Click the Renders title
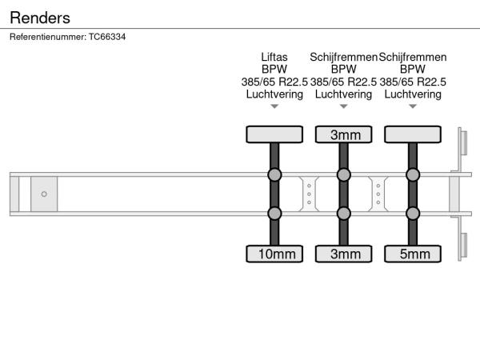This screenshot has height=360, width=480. [x=40, y=18]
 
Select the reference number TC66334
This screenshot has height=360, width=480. [x=107, y=37]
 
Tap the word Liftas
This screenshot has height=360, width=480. [x=274, y=57]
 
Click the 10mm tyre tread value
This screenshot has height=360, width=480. [x=277, y=254]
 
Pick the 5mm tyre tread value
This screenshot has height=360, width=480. [x=414, y=254]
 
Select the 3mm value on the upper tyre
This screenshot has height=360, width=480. [x=346, y=135]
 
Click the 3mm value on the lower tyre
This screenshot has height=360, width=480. [x=346, y=254]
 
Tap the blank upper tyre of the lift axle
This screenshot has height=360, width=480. [x=274, y=134]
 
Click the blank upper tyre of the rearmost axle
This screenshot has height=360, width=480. [x=413, y=134]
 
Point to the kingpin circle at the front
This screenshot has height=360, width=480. [x=44, y=194]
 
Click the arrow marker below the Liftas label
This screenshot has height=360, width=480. [x=274, y=106]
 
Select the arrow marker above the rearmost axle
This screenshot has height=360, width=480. [x=413, y=106]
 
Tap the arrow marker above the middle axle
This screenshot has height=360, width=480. [x=343, y=106]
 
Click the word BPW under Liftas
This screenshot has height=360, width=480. [x=274, y=69]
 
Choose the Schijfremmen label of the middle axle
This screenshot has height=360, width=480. [x=343, y=57]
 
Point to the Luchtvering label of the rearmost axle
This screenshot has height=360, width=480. [x=413, y=94]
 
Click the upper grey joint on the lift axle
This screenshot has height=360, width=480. [x=274, y=174]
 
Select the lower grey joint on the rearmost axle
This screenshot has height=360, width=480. [x=413, y=214]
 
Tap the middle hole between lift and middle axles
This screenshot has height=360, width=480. [x=309, y=194]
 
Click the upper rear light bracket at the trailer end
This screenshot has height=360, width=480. [x=462, y=142]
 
